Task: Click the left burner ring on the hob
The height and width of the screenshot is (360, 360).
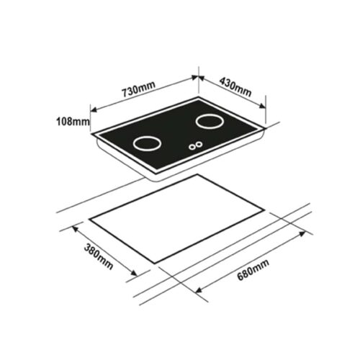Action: click(x=147, y=143)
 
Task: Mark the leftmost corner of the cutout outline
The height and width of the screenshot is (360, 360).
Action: click(x=89, y=219)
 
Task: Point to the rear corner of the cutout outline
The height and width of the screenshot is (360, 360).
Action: click(x=196, y=176)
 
